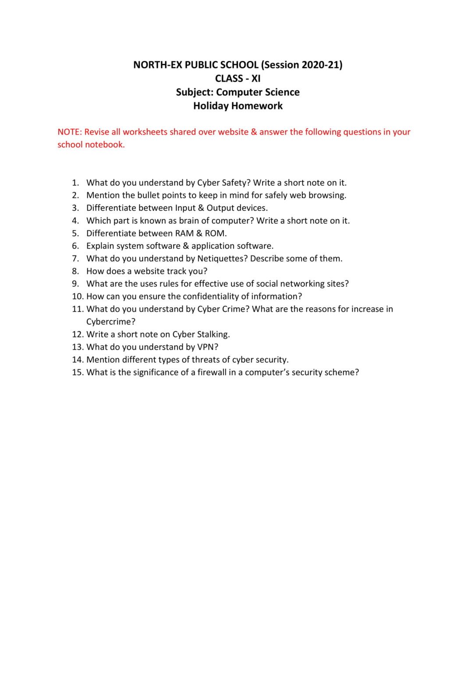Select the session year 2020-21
[322, 65]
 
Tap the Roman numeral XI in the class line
[256, 78]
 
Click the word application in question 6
[213, 246]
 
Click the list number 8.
[75, 271]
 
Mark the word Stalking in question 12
[213, 334]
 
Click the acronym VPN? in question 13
[207, 347]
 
